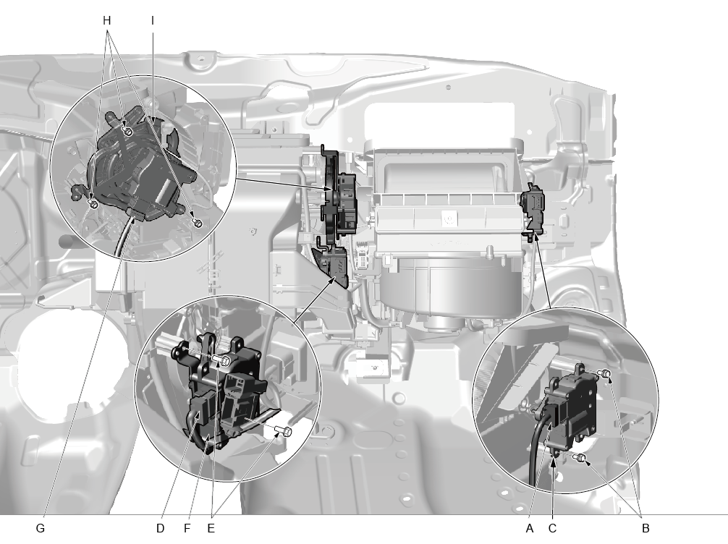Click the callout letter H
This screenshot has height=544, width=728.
(107, 21)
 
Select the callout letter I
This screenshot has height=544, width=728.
(153, 21)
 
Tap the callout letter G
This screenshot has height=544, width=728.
(41, 528)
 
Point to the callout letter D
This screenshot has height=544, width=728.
(160, 528)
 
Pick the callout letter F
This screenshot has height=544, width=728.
(187, 528)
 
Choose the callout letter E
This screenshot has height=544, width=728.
(211, 528)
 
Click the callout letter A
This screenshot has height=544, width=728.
(530, 528)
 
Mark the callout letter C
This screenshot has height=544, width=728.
(552, 528)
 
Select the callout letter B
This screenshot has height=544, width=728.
(646, 528)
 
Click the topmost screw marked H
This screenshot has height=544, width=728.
(129, 132)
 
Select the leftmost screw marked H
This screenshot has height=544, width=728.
(93, 204)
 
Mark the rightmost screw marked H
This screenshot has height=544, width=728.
(198, 224)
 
